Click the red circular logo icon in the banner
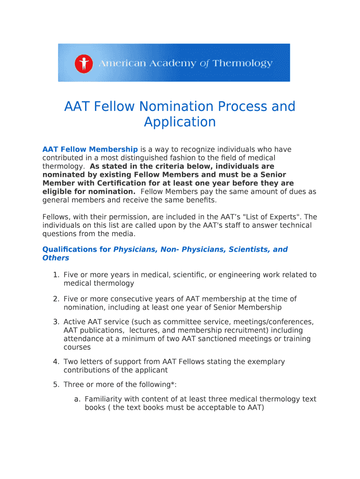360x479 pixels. tap(84, 63)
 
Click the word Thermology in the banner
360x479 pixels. tap(242, 63)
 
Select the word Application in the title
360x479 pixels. tap(180, 122)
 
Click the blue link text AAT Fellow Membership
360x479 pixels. tap(90, 149)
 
